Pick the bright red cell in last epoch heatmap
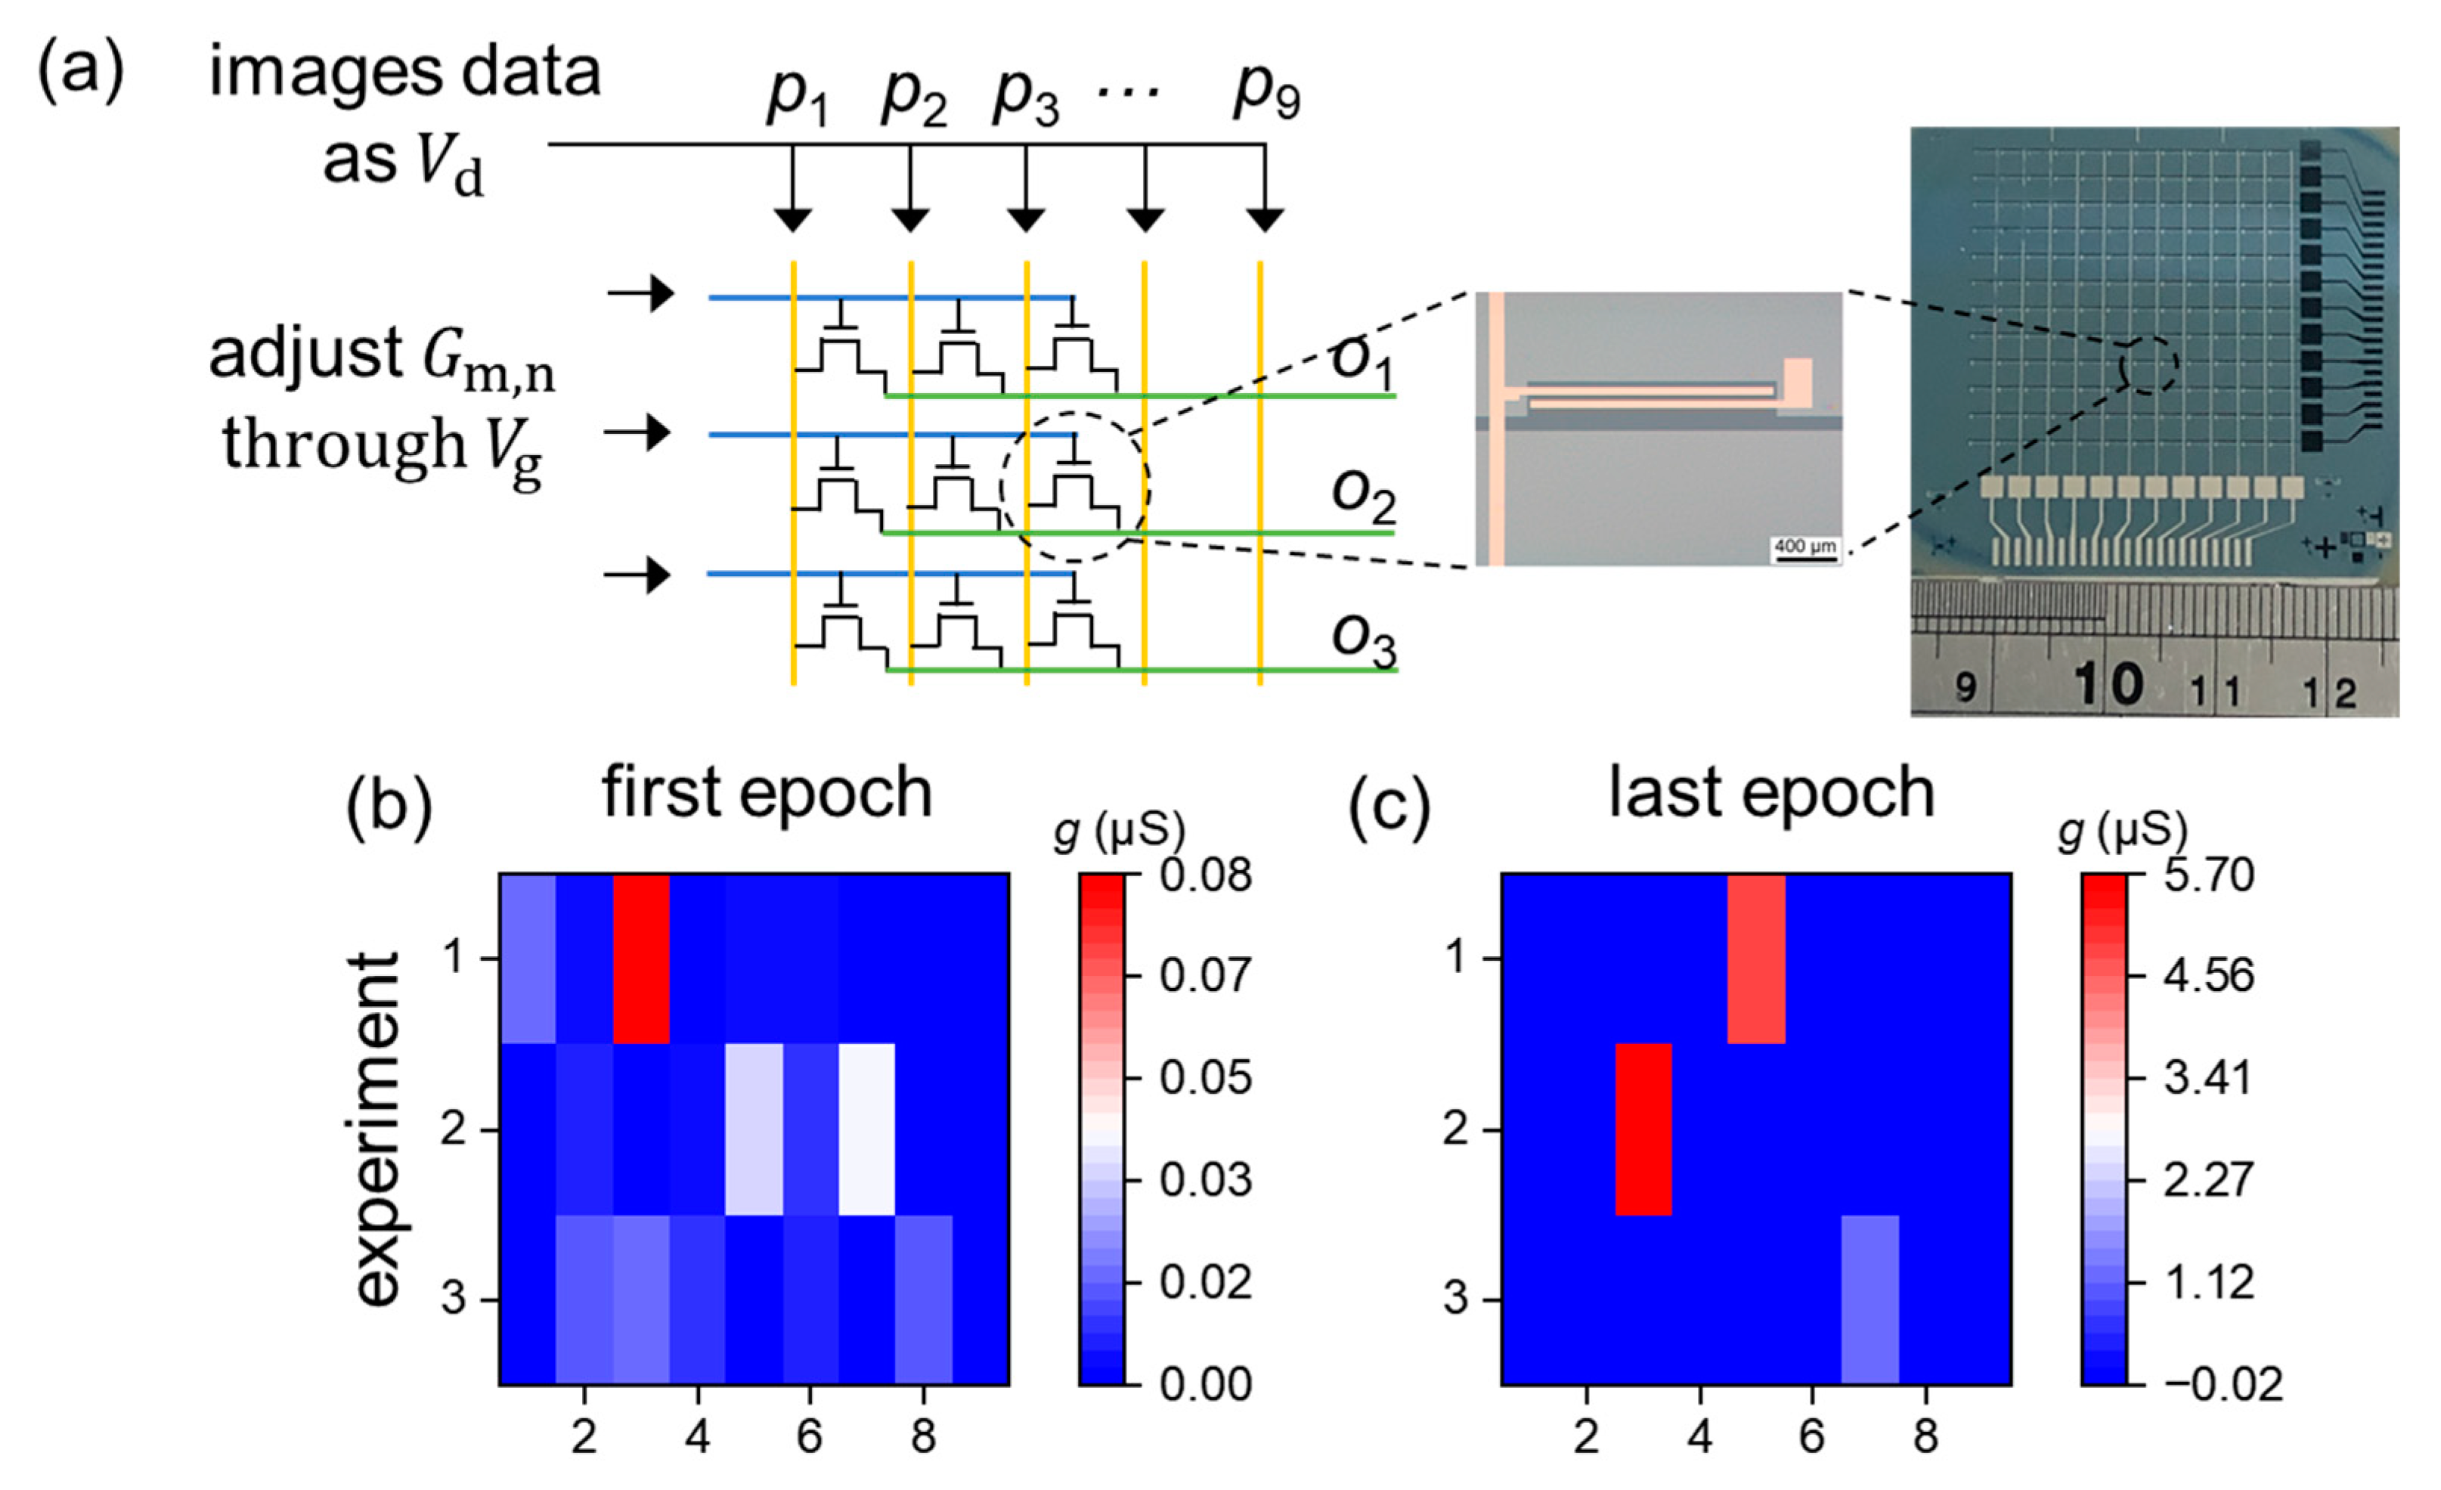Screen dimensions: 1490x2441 [1643, 1129]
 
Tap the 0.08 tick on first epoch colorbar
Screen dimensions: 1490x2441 [1206, 875]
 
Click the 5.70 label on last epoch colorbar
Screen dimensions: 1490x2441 [2209, 875]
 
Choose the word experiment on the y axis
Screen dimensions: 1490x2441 [376, 1129]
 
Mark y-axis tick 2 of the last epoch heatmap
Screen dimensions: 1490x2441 [1455, 1129]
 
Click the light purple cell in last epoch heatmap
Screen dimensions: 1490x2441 [1870, 1299]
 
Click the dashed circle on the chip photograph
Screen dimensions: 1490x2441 [2148, 366]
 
